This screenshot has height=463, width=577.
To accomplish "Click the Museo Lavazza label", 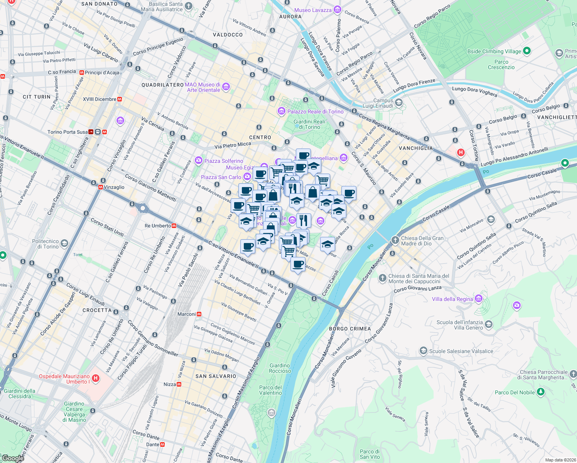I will (x=313, y=10).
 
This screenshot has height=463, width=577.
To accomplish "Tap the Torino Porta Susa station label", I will (x=67, y=132).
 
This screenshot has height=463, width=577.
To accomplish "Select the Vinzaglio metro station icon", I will (x=101, y=187).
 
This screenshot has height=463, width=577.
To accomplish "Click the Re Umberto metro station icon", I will (x=174, y=226).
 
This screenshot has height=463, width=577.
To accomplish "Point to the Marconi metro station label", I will (x=187, y=314).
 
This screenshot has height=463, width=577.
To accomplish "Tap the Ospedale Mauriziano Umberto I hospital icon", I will (x=96, y=379).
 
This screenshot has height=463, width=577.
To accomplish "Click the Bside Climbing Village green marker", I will (x=527, y=51).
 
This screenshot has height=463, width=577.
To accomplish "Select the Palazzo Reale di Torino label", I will (x=315, y=112).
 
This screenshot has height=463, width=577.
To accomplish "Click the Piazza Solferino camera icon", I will (x=199, y=160).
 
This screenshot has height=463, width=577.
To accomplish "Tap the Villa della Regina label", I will (x=452, y=299).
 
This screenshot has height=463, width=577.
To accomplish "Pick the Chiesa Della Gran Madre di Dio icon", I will (x=395, y=240).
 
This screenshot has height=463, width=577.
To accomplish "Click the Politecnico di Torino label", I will (x=46, y=244).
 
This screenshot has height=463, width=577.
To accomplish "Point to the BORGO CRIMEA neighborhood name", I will (x=350, y=329).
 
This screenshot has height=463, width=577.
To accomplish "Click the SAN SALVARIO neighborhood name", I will (x=216, y=376).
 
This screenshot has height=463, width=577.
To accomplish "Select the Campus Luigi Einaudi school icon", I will (x=399, y=103).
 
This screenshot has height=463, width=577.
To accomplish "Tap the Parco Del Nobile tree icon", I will (x=541, y=392).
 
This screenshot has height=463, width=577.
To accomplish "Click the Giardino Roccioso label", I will (x=280, y=368).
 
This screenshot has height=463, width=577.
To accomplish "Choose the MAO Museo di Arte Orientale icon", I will (x=226, y=87).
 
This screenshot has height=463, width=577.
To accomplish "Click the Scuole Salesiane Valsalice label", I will (x=461, y=351).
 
